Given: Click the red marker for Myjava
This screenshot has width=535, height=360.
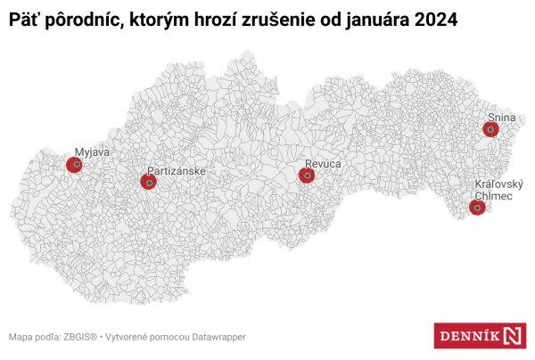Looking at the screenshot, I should pyautogui.click(x=75, y=165).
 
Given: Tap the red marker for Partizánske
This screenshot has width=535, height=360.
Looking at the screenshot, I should pyautogui.click(x=148, y=182).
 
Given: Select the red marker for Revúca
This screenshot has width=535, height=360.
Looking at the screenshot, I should pyautogui.click(x=307, y=176).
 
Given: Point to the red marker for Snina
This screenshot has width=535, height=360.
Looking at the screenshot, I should pyautogui.click(x=490, y=129).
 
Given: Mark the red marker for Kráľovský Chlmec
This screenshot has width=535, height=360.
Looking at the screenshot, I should pyautogui.click(x=477, y=208).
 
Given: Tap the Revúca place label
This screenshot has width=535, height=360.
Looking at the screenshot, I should pyautogui.click(x=323, y=164).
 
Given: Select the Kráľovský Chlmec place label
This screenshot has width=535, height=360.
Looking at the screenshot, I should pyautogui.click(x=498, y=190).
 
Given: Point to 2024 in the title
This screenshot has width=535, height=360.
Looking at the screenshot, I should pyautogui.click(x=435, y=20).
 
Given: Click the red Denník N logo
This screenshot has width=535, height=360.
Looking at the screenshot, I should pyautogui.click(x=479, y=336).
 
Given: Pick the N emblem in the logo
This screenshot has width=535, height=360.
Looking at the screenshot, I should pyautogui.click(x=514, y=336).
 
